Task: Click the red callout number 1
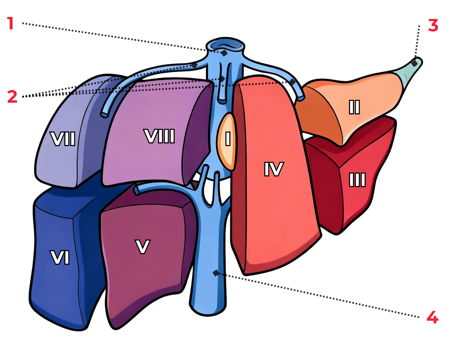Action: click(11, 23)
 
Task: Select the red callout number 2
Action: click(12, 97)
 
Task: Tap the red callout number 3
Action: click(433, 26)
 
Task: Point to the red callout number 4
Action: click(432, 318)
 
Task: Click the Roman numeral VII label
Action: click(63, 139)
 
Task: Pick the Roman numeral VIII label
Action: click(160, 136)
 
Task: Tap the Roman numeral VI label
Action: click(60, 258)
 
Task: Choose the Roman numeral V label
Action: click(143, 247)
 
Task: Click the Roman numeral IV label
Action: click(274, 169)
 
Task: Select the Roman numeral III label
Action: click(357, 180)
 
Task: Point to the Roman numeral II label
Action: click(354, 107)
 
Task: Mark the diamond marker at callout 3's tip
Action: click(414, 63)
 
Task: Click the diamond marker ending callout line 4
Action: click(216, 273)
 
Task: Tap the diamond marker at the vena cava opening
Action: click(224, 53)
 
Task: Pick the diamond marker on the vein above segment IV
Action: click(292, 82)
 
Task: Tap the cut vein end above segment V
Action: click(136, 190)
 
